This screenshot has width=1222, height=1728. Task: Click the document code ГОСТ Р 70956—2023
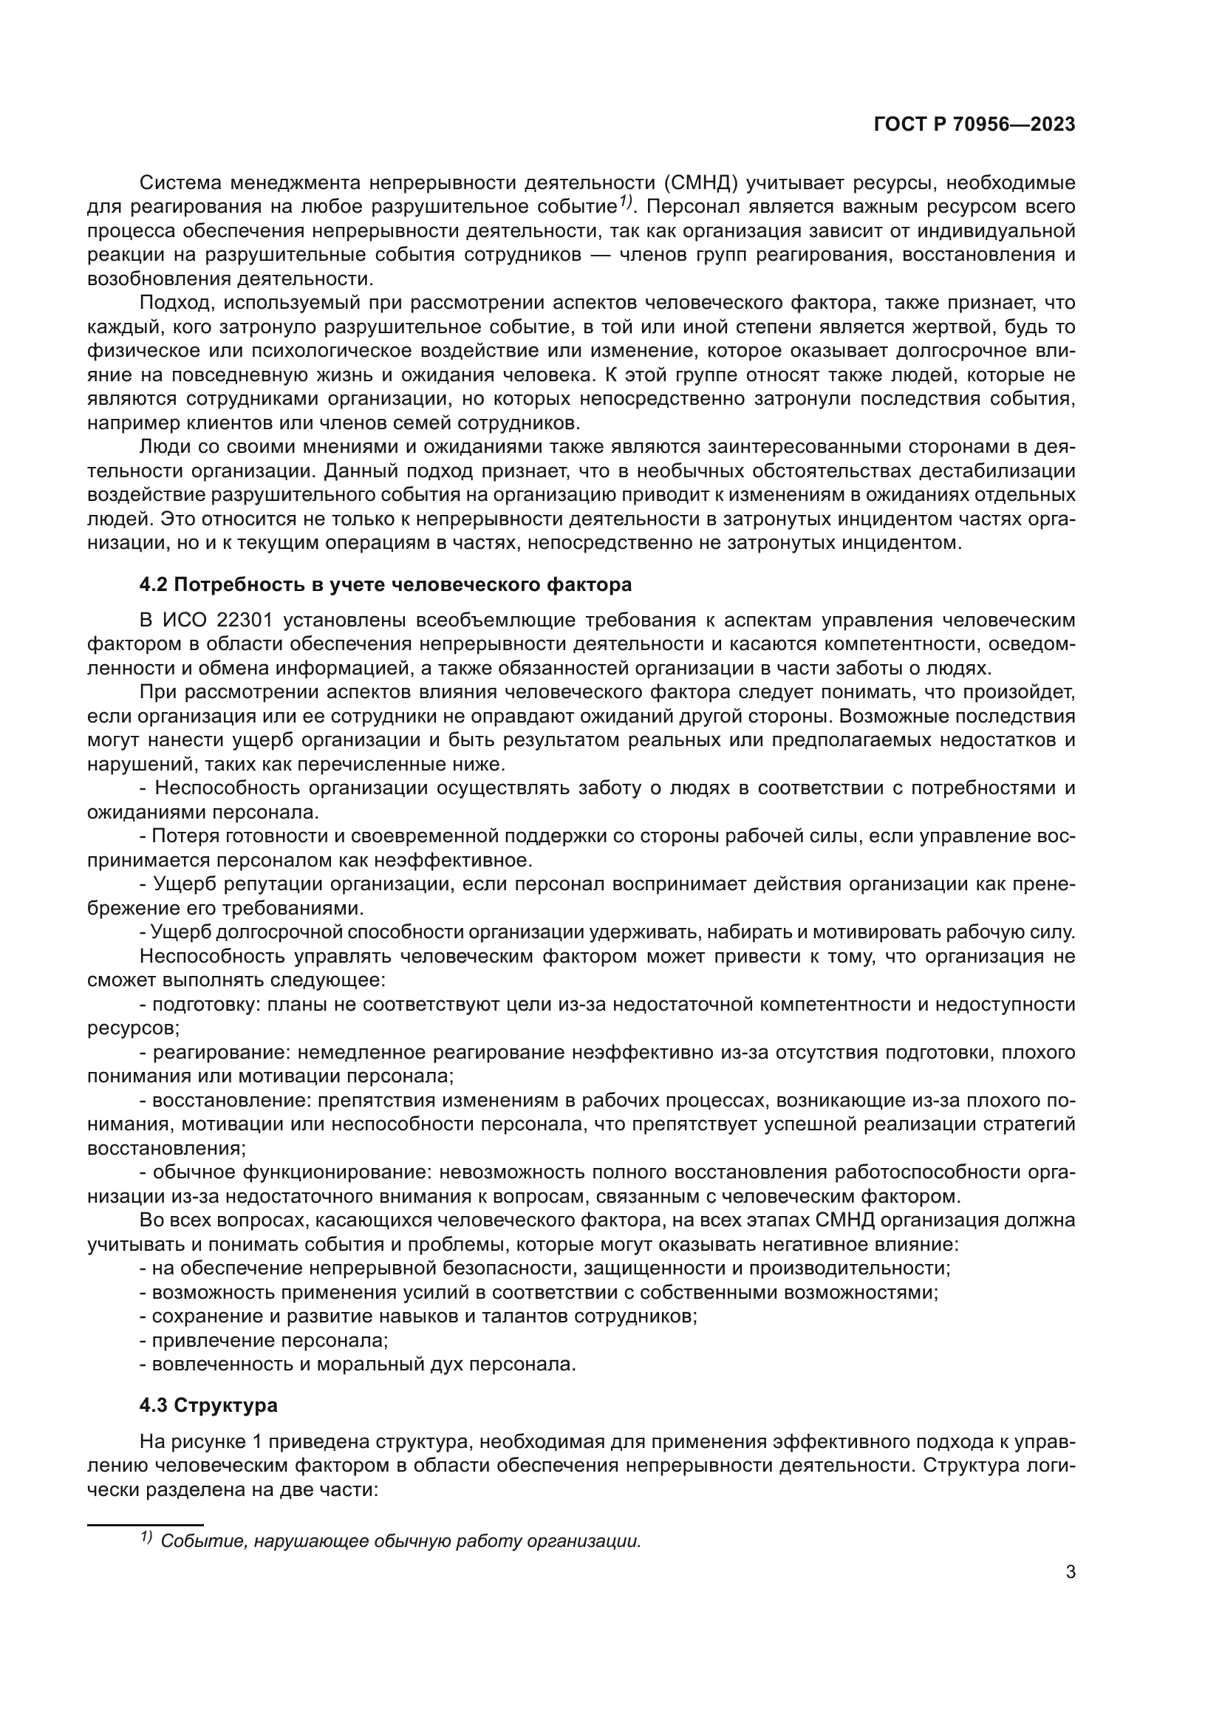974,125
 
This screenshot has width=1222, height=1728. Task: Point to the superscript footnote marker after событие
626,202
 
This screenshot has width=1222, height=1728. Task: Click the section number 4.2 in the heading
154,585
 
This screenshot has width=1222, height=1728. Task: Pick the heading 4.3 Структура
208,1405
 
